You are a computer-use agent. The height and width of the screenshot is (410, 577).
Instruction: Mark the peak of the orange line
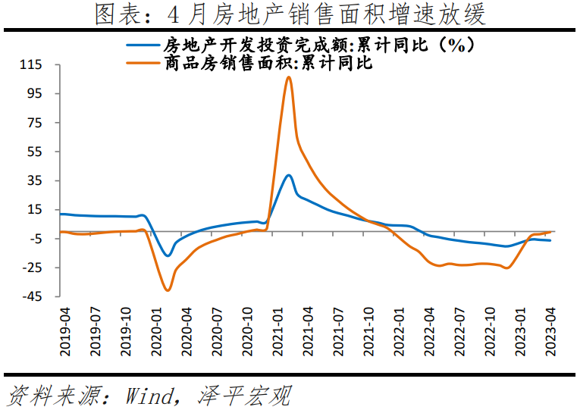[x=289, y=77]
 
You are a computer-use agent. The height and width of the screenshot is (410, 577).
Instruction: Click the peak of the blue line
[x=289, y=175]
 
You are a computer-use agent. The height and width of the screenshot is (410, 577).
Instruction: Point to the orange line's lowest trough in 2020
[x=168, y=290]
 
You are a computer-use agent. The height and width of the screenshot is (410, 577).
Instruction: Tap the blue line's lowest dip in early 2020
[x=168, y=255]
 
